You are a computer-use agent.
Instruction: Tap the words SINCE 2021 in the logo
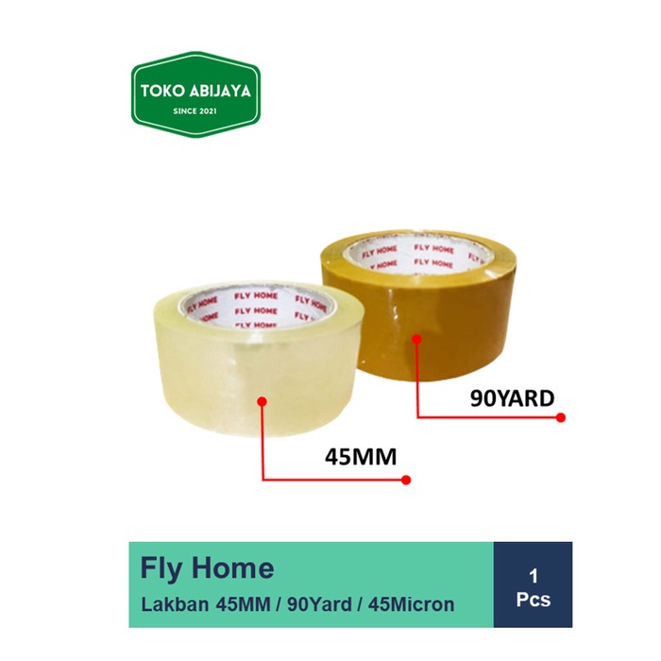click(195, 113)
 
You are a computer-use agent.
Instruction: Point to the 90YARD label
click(511, 398)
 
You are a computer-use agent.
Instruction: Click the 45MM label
click(360, 458)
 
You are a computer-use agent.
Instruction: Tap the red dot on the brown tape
click(415, 337)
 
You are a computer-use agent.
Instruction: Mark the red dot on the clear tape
click(262, 401)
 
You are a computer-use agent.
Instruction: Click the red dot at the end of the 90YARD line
click(560, 417)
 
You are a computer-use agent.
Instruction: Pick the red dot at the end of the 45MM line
click(408, 481)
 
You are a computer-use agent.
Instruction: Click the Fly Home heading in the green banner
click(207, 568)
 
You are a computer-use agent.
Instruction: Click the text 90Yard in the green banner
click(325, 602)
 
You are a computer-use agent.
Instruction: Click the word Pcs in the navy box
click(533, 599)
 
